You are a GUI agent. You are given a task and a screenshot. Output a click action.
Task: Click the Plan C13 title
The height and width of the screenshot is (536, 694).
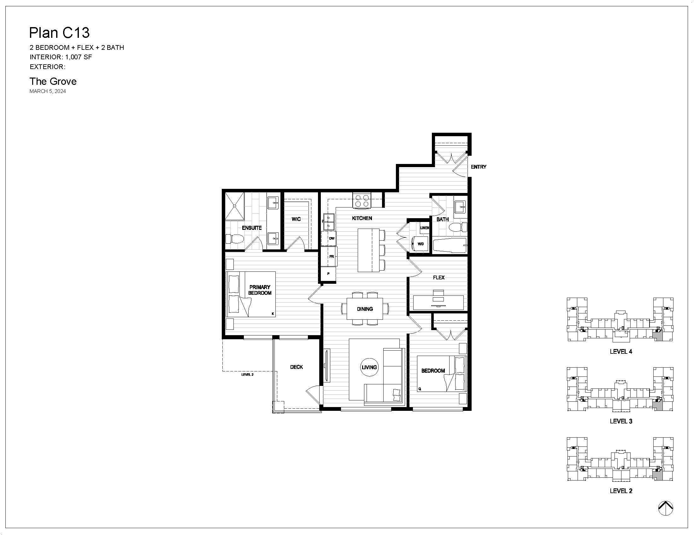59,32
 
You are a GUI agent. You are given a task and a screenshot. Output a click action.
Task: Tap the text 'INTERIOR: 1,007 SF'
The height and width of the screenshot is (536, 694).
61,57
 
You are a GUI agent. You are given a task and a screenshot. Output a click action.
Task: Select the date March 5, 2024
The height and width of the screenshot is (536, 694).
48,91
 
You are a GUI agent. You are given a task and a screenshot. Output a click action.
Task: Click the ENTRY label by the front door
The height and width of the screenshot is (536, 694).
479,167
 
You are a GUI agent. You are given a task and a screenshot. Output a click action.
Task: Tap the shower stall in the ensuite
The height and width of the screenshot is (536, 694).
234,206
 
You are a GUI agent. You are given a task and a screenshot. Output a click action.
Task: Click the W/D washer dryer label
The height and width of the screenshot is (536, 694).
421,244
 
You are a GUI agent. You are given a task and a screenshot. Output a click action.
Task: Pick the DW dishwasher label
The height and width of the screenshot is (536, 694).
332,238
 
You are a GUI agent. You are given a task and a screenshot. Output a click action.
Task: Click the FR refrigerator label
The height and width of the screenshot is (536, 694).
332,257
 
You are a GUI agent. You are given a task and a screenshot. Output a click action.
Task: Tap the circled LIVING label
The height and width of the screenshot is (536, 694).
369,367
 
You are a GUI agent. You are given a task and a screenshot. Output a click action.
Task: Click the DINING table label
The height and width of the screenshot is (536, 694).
364,309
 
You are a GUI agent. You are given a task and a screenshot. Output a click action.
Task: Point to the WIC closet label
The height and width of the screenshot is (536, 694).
296,219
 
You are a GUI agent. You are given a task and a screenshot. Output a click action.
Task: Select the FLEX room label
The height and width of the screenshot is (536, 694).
438,277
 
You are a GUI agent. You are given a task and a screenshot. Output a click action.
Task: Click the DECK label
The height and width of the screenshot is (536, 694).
297,367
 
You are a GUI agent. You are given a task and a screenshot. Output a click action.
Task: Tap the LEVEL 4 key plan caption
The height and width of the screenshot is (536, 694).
621,352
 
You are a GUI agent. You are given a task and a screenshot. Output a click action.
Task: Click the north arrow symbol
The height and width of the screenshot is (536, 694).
665,508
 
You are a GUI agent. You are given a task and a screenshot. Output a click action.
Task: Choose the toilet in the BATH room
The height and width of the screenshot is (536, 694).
458,227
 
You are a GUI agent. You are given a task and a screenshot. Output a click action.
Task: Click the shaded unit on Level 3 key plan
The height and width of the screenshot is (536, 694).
657,405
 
